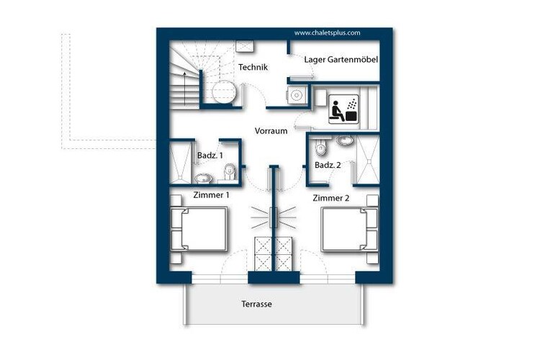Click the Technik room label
click(253, 67)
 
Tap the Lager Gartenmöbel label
click(341, 60)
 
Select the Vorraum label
click(271, 131)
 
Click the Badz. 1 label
click(210, 156)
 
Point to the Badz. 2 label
click(328, 165)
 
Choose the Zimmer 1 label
click(211, 195)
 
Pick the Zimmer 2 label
click(331, 198)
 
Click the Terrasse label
click(256, 304)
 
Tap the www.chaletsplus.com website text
click(327, 33)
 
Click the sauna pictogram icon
click(343, 109)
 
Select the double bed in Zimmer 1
click(199, 229)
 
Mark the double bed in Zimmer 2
click(349, 229)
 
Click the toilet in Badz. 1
click(230, 171)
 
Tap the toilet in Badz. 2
click(321, 147)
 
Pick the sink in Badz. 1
click(204, 179)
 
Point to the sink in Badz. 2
click(345, 140)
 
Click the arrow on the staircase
click(185, 89)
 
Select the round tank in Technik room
click(224, 91)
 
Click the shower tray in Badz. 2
click(368, 160)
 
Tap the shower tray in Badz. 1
click(180, 163)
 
